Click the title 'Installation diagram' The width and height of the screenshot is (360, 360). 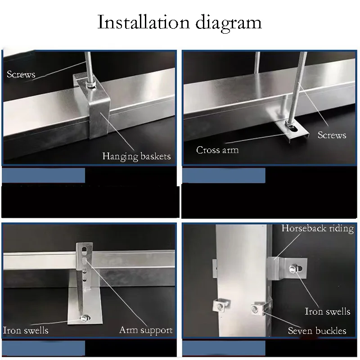180,22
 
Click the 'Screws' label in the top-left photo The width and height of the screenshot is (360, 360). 21,74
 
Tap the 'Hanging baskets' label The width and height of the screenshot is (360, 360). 136,157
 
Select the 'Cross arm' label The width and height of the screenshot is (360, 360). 217,150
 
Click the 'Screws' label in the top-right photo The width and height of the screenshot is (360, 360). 332,135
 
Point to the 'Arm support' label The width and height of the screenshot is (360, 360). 146,330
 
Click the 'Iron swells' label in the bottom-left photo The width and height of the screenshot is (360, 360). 26,330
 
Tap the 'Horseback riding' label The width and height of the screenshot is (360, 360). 318,229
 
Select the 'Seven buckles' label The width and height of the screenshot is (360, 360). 317,331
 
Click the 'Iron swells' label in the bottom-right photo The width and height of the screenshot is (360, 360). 327,311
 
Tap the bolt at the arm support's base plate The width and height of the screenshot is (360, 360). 84,319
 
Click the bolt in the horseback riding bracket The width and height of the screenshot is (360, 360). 293,269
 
